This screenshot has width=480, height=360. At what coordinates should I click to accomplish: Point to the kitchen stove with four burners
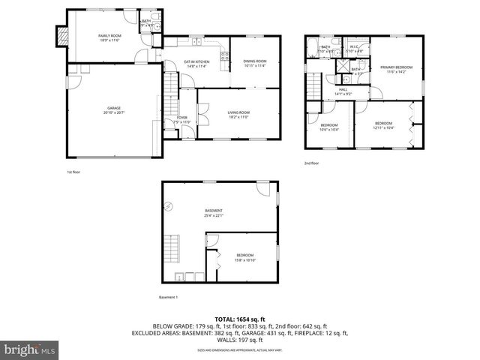224,54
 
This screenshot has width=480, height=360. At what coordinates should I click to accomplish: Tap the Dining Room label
255,61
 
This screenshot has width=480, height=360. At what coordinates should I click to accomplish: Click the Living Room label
238,112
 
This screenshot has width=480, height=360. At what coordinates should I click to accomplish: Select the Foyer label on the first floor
182,117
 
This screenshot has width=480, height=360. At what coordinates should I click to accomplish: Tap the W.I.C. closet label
355,47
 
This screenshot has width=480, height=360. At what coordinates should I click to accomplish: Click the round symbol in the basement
169,212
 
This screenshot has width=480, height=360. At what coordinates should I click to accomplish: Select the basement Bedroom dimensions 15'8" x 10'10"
245,260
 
